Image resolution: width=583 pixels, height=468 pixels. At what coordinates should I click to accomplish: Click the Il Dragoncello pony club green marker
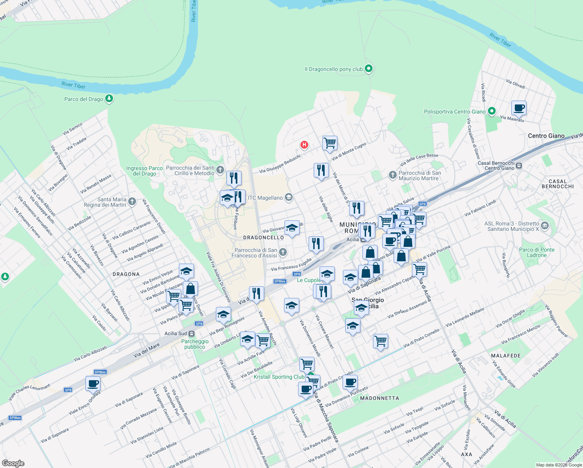click(368, 69)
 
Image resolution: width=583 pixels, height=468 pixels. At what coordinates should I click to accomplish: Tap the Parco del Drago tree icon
click(109, 98)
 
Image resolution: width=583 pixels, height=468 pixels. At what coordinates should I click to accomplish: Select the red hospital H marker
click(304, 145)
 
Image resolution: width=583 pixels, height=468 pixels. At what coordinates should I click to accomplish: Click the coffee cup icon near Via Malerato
click(518, 108)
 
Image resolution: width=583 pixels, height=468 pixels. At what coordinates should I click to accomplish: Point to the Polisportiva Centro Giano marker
click(492, 111)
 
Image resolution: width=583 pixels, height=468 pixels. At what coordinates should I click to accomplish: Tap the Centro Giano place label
click(546, 136)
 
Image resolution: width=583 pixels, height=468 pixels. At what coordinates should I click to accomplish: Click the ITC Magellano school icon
click(288, 197)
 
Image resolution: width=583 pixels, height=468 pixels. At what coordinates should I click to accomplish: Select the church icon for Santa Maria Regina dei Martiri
click(132, 201)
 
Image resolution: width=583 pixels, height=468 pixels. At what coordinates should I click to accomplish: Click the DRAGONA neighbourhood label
click(126, 274)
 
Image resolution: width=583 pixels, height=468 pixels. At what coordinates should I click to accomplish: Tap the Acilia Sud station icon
click(191, 333)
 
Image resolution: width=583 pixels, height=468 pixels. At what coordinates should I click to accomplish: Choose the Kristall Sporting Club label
click(279, 377)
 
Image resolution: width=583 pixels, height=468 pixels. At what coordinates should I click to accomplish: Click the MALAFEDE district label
click(506, 356)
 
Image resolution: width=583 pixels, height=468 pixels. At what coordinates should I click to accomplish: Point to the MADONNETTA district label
click(380, 398)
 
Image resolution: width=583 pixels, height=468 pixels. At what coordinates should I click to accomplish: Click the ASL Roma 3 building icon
click(545, 225)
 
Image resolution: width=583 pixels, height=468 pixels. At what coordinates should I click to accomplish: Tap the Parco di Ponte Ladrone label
click(537, 252)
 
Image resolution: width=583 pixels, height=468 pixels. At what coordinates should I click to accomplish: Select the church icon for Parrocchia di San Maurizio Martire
click(392, 175)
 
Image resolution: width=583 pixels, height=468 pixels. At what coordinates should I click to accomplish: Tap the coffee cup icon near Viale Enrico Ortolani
click(93, 383)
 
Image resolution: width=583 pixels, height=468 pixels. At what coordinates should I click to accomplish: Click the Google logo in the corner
click(13, 463)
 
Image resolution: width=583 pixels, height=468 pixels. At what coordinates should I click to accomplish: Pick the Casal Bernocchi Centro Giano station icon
click(519, 166)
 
